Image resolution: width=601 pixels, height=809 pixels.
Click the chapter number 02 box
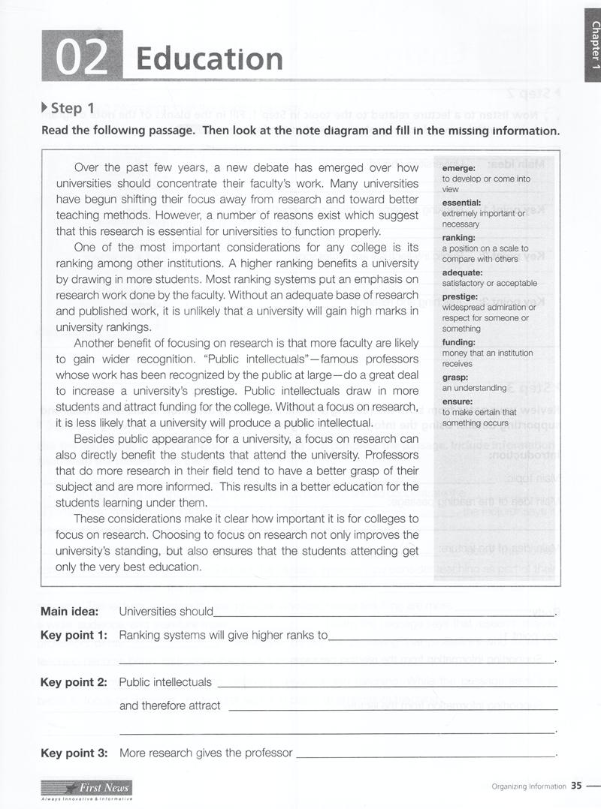click(x=82, y=57)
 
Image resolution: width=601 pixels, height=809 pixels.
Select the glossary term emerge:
click(x=459, y=169)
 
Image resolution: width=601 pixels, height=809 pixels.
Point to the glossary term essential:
click(x=461, y=203)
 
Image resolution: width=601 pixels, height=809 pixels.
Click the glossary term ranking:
click(x=459, y=238)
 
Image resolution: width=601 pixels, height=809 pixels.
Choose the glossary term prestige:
click(x=461, y=296)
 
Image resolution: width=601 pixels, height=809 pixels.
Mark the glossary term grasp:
click(x=455, y=377)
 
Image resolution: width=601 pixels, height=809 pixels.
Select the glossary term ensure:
click(x=458, y=401)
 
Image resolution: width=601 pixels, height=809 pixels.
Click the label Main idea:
click(x=70, y=611)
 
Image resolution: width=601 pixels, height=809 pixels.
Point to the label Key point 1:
click(x=74, y=635)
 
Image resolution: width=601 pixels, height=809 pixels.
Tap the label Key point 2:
click(x=74, y=682)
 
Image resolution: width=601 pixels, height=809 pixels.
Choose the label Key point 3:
click(x=74, y=753)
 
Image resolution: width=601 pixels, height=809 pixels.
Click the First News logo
click(x=87, y=787)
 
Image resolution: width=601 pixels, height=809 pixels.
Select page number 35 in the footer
click(x=576, y=786)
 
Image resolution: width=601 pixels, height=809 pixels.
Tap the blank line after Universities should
click(x=383, y=613)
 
